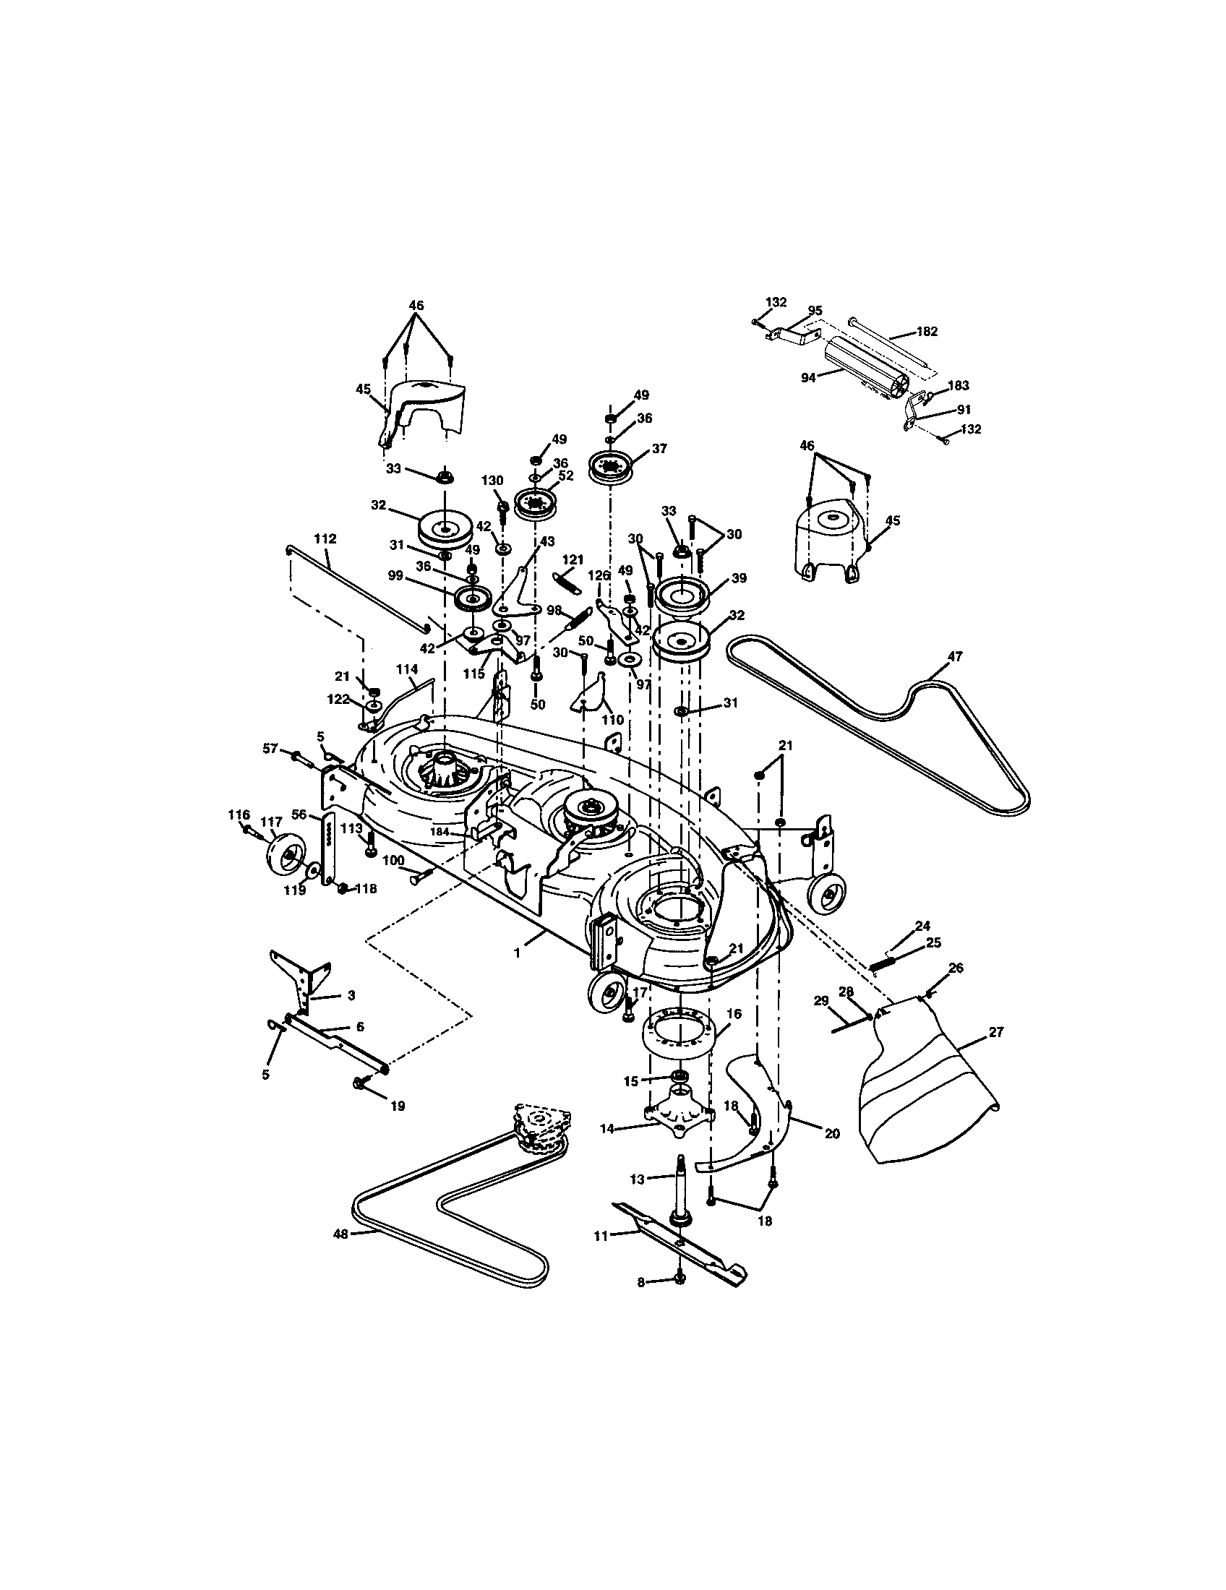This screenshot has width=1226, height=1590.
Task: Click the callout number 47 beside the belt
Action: coord(954,656)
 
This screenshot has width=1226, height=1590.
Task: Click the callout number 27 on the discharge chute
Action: coord(997,1031)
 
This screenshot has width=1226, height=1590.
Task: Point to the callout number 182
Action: coord(927,331)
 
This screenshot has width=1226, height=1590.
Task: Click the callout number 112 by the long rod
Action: coord(325,538)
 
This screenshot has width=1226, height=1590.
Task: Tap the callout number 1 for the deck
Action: coord(517,953)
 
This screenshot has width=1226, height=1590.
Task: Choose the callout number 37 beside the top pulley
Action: coord(659,450)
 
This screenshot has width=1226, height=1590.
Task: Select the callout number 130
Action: coord(492,481)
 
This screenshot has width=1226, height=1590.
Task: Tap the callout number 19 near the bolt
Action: coord(398,1106)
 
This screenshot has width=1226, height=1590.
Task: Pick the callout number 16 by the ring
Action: coord(733,1013)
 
